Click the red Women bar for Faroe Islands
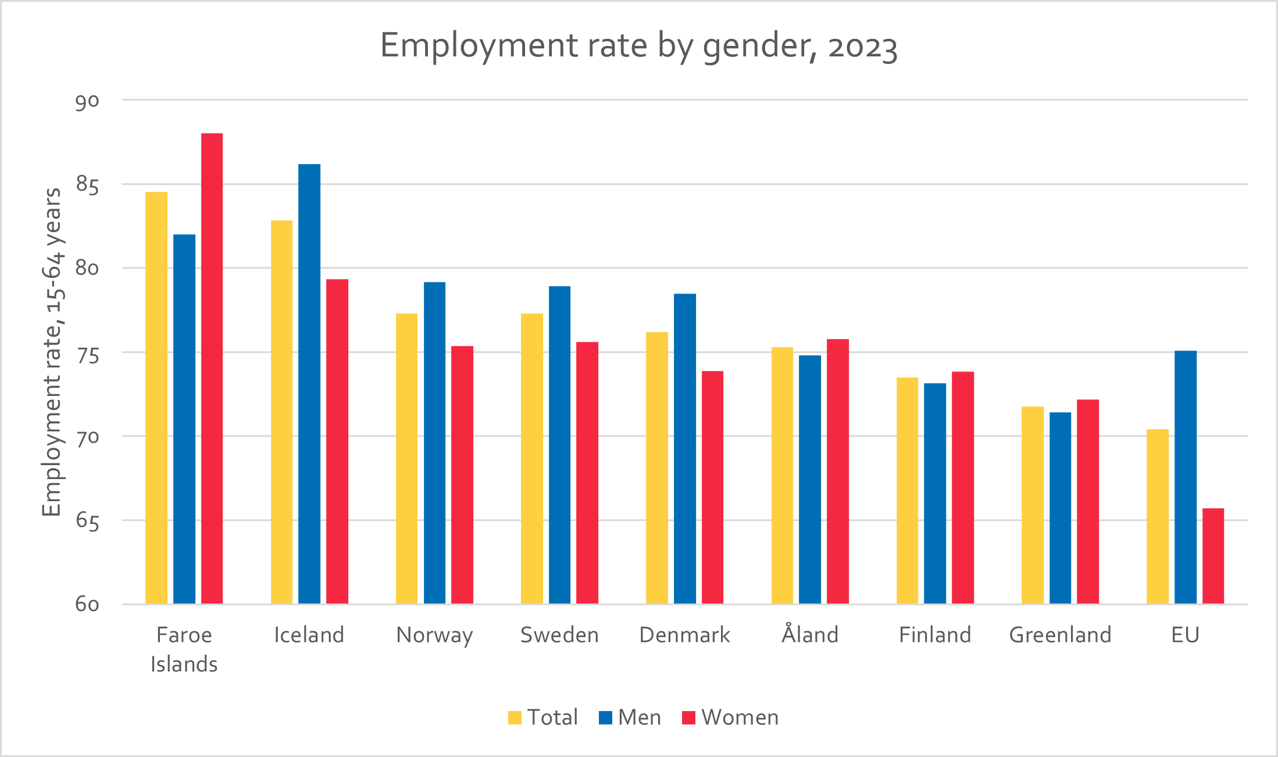[x=212, y=369]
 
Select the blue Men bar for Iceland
[x=309, y=384]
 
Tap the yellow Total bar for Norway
[x=406, y=459]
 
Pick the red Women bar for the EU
[x=1213, y=556]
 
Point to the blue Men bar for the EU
[x=1186, y=477]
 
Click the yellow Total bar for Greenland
[x=1033, y=505]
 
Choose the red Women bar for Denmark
[x=712, y=487]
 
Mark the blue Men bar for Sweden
[x=559, y=445]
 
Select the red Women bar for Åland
[x=838, y=472]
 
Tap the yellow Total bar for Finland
[x=907, y=491]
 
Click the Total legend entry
[x=543, y=717]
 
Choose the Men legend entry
[x=630, y=717]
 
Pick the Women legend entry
[x=730, y=717]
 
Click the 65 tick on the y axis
[x=87, y=521]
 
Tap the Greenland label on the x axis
[x=1060, y=634]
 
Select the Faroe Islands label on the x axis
[x=184, y=649]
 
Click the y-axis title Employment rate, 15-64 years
[x=52, y=352]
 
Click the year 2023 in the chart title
[x=863, y=47]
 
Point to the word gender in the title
[x=757, y=47]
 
